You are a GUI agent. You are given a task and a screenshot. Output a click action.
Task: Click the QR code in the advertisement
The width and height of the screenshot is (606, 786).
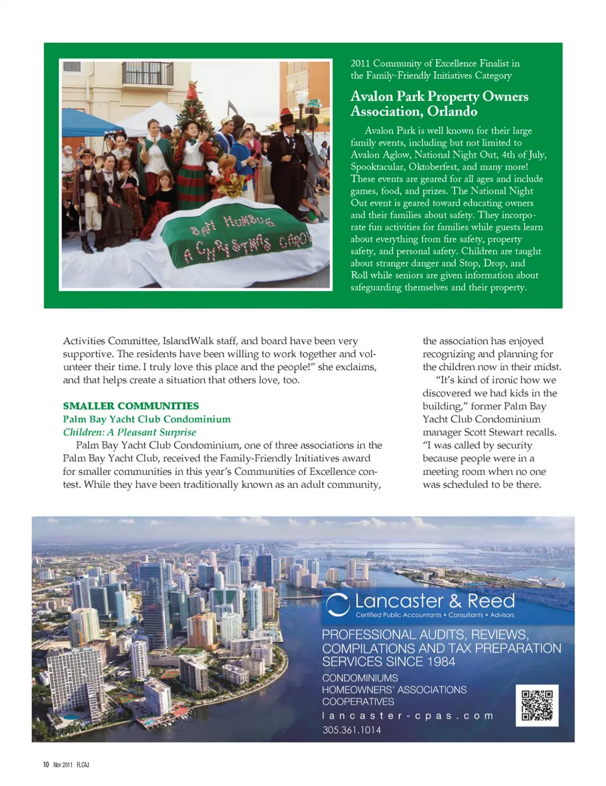tap(537, 705)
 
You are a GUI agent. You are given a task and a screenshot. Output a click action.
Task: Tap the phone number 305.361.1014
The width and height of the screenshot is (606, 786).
tap(352, 730)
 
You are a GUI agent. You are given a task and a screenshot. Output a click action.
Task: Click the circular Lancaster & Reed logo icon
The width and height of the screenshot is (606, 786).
tap(338, 604)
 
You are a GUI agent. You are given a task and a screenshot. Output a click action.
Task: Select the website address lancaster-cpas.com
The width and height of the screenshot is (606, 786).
tap(407, 716)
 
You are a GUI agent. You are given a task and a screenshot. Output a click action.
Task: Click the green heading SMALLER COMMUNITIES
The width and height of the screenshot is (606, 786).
tap(131, 406)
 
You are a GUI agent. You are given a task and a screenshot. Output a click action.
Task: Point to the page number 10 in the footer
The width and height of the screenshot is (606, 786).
tap(45, 765)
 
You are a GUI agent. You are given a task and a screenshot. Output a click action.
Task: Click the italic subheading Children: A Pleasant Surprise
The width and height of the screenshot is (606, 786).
tap(129, 432)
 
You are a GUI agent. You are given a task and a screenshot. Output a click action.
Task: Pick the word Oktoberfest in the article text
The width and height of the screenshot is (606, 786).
tap(434, 167)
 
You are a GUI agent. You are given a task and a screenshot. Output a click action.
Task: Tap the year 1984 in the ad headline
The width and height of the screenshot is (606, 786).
tap(440, 662)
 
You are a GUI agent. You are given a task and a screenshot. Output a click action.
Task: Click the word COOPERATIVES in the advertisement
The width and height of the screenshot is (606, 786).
tap(358, 701)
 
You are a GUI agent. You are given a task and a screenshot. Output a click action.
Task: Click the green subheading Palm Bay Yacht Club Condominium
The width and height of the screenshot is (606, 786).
tap(146, 419)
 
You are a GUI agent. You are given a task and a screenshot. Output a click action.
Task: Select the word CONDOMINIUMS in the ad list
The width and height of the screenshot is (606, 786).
tap(360, 678)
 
